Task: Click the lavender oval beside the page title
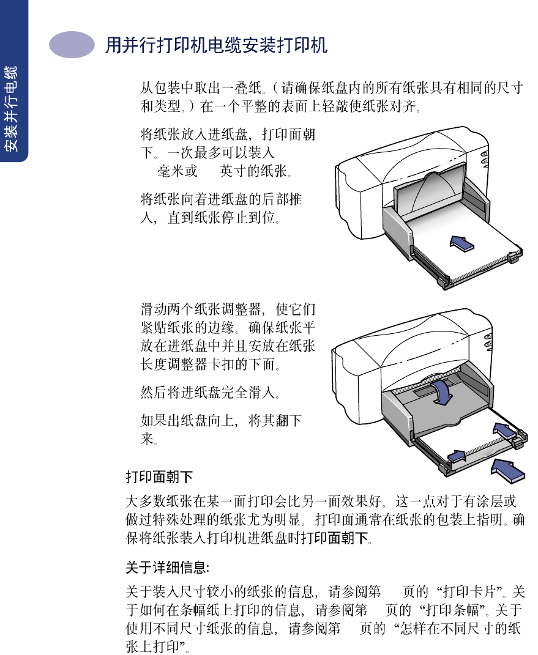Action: tap(72, 45)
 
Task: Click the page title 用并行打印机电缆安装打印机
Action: tap(216, 45)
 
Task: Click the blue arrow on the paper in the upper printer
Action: tap(462, 242)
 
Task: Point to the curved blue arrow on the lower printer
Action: tap(441, 392)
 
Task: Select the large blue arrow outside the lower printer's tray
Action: tap(508, 471)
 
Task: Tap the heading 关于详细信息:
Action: tap(167, 568)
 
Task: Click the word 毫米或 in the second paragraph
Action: tap(177, 171)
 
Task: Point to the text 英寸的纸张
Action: tap(256, 171)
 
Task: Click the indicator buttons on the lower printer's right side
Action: tap(488, 347)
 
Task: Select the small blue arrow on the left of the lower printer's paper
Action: tap(457, 455)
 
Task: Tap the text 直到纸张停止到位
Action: tap(224, 218)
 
